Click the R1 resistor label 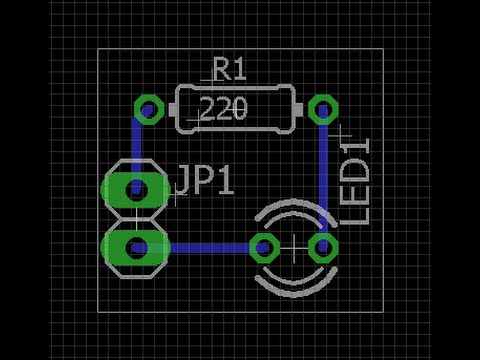230,69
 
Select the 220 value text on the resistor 224,108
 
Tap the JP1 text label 205,180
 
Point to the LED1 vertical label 355,181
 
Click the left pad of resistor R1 149,109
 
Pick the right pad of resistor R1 323,109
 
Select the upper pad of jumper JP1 136,190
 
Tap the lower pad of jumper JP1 136,248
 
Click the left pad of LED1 265,248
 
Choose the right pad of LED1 323,248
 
